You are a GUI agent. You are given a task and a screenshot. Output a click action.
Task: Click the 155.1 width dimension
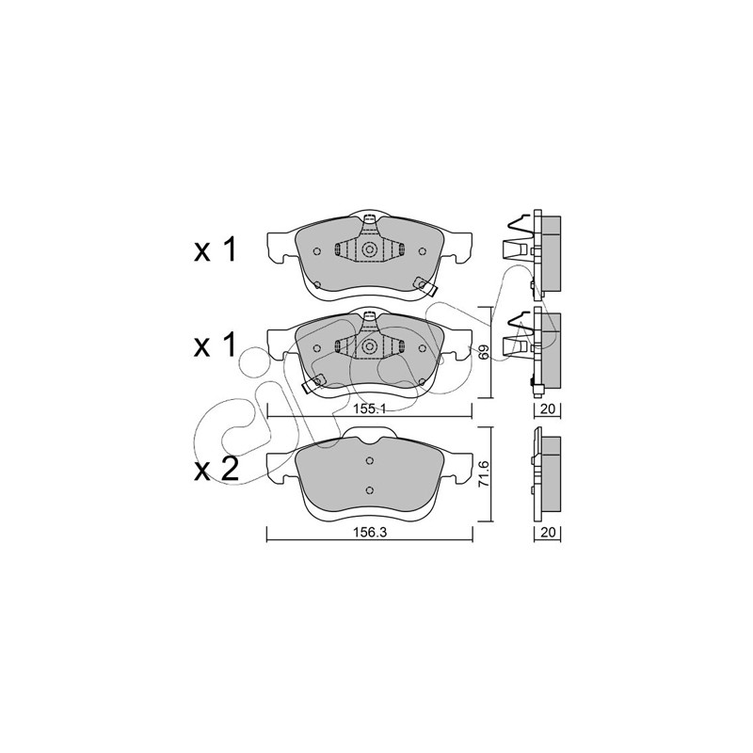[370, 409]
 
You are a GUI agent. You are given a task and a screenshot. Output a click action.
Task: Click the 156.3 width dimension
[370, 532]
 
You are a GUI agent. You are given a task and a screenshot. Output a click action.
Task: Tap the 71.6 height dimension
[485, 474]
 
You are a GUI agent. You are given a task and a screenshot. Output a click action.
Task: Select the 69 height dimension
[485, 351]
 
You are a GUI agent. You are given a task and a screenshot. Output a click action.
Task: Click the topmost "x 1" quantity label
[215, 249]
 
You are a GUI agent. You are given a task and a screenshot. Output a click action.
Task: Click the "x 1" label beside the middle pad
[215, 345]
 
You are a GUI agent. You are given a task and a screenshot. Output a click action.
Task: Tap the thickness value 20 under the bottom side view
[548, 532]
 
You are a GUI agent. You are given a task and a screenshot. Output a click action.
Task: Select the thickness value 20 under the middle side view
[548, 409]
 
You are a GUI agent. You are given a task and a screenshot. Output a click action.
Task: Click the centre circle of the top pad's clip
[369, 249]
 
